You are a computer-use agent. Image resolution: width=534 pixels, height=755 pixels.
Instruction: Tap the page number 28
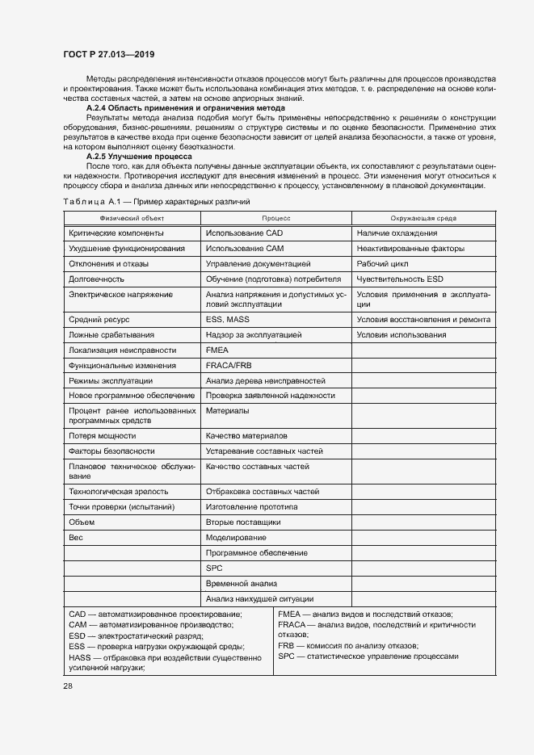coord(67,686)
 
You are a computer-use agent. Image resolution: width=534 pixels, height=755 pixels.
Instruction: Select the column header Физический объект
coord(132,218)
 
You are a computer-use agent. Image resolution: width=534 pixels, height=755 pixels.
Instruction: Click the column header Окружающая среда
coord(423,218)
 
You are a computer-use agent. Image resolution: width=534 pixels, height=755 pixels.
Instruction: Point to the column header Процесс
coord(275,218)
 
